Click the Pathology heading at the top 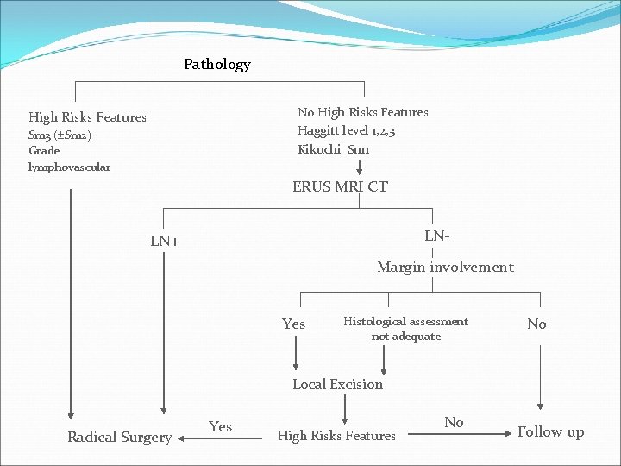(x=216, y=65)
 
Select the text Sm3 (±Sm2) (x=60, y=135)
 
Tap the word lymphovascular (x=69, y=167)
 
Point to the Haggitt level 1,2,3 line (x=347, y=130)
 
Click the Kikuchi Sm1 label (x=334, y=149)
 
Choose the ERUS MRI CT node (x=340, y=186)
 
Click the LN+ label (x=165, y=242)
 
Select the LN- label (x=437, y=236)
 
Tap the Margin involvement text (x=444, y=268)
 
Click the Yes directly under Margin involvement (x=293, y=324)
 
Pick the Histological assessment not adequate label (x=405, y=329)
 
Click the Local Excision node (x=337, y=385)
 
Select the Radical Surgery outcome (x=120, y=437)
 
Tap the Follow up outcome (x=550, y=432)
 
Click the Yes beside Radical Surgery (x=220, y=426)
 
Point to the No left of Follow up (x=454, y=422)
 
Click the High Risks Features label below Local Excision (x=336, y=437)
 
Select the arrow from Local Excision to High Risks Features (x=345, y=408)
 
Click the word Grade (x=44, y=151)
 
